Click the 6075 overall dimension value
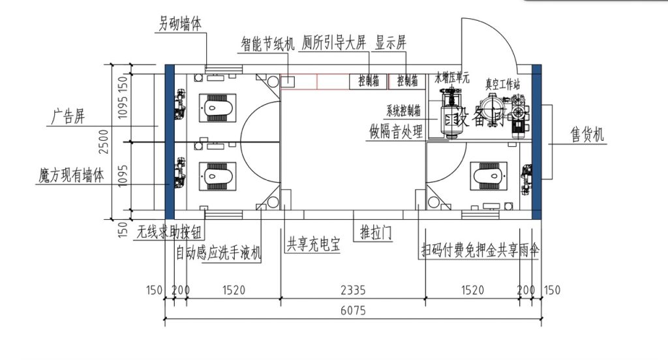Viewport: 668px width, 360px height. tap(352, 311)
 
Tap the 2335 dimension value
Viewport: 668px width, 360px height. tap(354, 289)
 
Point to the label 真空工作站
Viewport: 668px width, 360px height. tap(502, 84)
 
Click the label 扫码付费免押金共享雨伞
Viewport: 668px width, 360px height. tap(481, 250)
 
